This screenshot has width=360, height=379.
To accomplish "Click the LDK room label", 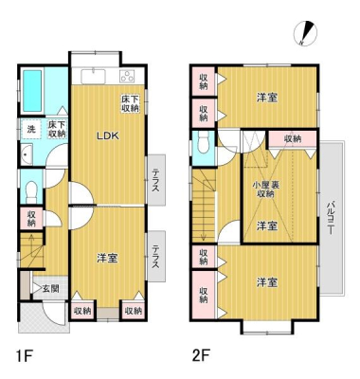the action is pyautogui.click(x=107, y=136).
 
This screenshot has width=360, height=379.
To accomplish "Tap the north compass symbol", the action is pyautogui.click(x=305, y=32).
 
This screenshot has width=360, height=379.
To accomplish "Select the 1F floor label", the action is pyautogui.click(x=25, y=356).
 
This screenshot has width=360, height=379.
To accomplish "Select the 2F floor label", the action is pyautogui.click(x=201, y=356).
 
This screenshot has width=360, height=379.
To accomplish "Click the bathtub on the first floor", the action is pyautogui.click(x=32, y=91).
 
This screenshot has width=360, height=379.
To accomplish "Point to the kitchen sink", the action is pyautogui.click(x=93, y=77).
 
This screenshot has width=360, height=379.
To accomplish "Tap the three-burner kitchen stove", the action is pyautogui.click(x=127, y=77).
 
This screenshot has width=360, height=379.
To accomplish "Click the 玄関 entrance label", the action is pyautogui.click(x=50, y=289).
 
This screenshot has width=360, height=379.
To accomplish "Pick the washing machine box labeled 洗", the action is pyautogui.click(x=31, y=129).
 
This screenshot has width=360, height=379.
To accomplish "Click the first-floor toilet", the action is pyautogui.click(x=31, y=192).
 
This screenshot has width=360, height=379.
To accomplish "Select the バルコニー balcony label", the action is pyautogui.click(x=331, y=218).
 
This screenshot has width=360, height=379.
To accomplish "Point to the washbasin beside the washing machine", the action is pyautogui.click(x=27, y=154).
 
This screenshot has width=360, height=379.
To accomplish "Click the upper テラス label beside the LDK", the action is pyautogui.click(x=156, y=181).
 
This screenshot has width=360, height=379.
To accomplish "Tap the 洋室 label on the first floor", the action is pyautogui.click(x=107, y=259).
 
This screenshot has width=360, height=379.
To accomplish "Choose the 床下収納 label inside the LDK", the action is pyautogui.click(x=130, y=103).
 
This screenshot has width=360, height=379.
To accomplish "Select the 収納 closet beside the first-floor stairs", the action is pyautogui.click(x=31, y=218).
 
